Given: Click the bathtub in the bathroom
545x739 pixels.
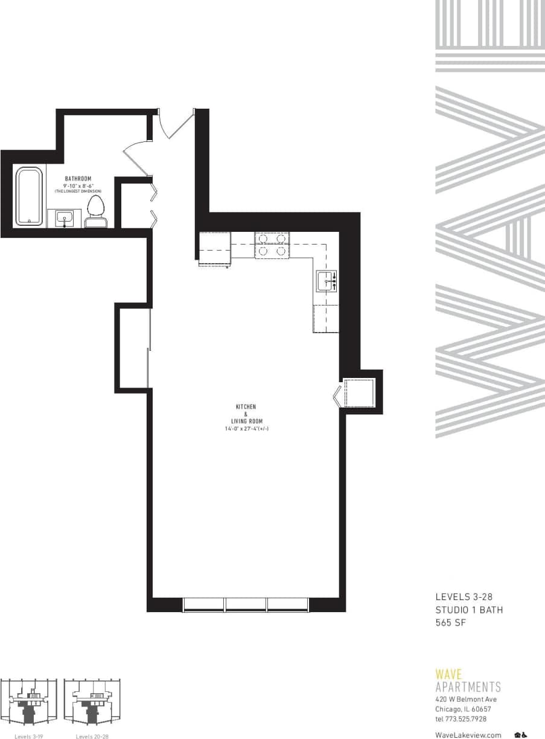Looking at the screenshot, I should coord(29,196).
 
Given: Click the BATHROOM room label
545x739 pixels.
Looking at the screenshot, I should coord(78,179).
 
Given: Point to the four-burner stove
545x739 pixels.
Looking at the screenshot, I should coord(272,245).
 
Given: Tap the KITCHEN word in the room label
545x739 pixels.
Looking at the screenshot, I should coord(246,407).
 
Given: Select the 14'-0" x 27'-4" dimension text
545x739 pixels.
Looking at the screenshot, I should coord(246,429).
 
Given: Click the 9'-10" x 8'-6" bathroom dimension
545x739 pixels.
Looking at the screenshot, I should coord(78,185).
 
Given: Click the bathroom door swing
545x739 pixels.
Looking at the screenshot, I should coord(135,158).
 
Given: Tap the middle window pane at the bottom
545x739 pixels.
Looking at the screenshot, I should coord(246,604).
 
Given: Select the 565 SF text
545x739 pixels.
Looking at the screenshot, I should coord(451,622).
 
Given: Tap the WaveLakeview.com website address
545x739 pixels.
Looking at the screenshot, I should coord(468,735).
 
